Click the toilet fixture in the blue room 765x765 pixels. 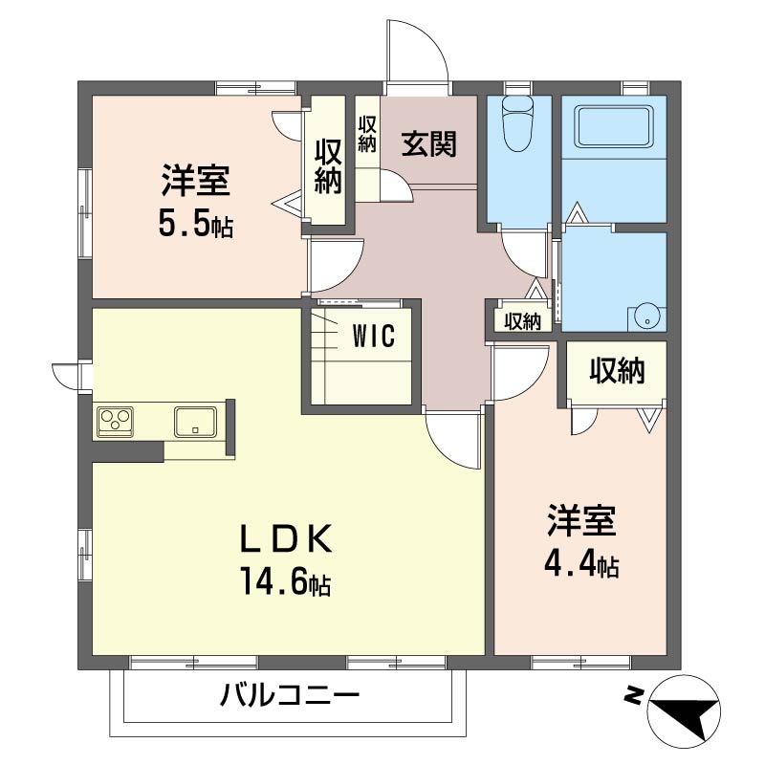click(517, 123)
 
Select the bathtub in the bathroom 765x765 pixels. click(613, 127)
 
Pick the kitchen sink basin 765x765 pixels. click(196, 421)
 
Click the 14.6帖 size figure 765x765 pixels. click(284, 580)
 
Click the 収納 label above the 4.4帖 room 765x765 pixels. click(616, 371)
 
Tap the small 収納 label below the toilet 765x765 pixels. click(522, 322)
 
